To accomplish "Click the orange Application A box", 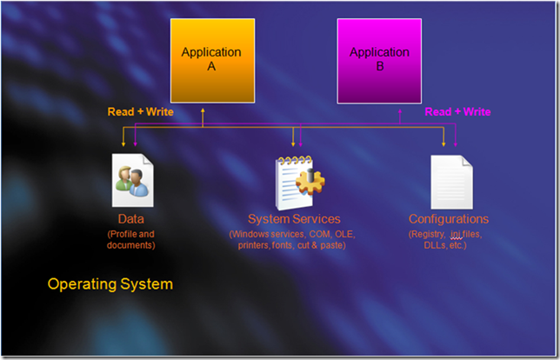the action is point(212,61).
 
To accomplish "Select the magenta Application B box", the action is point(379,61).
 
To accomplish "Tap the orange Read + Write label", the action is point(140,112).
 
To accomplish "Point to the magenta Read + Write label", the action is point(457,112).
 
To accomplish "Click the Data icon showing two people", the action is point(133,180).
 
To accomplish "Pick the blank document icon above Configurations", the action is point(452,182).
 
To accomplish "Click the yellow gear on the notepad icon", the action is point(310,182).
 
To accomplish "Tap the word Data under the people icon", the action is point(131,219).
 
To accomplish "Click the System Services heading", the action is point(294,219).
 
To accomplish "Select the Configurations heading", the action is point(449,219).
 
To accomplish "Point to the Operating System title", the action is point(110,284).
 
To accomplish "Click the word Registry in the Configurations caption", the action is point(427,235).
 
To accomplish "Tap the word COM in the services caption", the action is point(320,234).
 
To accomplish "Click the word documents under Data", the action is point(130,245).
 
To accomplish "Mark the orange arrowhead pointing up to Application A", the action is point(203,110).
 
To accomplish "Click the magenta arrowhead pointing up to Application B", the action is point(400,111).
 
